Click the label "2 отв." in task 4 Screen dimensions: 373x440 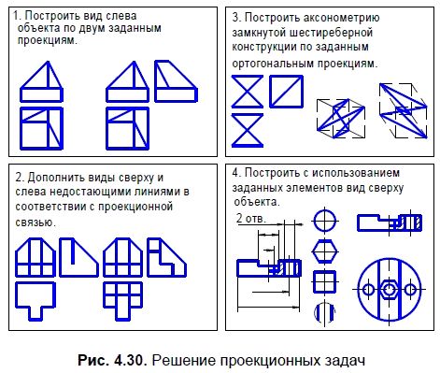pos(250,218)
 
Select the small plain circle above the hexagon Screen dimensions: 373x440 pos(323,222)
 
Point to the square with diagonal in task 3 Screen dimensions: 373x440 pos(284,91)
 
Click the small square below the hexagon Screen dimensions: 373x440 pos(323,282)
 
